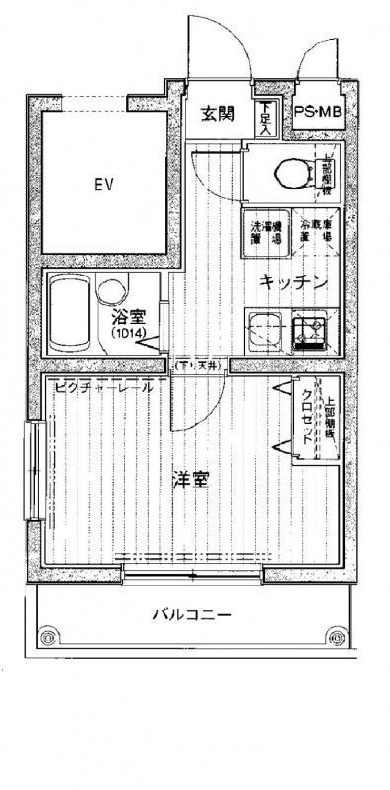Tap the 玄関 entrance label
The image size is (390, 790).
[218, 114]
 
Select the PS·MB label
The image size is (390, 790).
[317, 114]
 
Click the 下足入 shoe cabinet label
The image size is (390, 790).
[264, 118]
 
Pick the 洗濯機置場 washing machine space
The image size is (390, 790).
[264, 231]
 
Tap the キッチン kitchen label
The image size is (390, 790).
[293, 282]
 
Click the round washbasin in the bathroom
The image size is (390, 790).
[112, 291]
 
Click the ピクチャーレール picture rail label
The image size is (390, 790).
[104, 387]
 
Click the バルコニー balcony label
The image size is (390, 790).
[192, 615]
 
